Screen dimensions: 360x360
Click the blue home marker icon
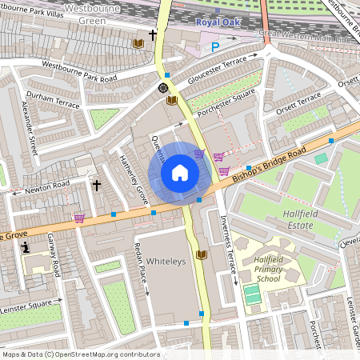[x=180, y=173]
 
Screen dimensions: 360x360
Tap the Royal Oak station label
[x=218, y=23]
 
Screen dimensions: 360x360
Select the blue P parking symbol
[x=215, y=47]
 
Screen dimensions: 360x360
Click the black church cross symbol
[x=97, y=186]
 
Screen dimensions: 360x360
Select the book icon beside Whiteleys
[x=201, y=254]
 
